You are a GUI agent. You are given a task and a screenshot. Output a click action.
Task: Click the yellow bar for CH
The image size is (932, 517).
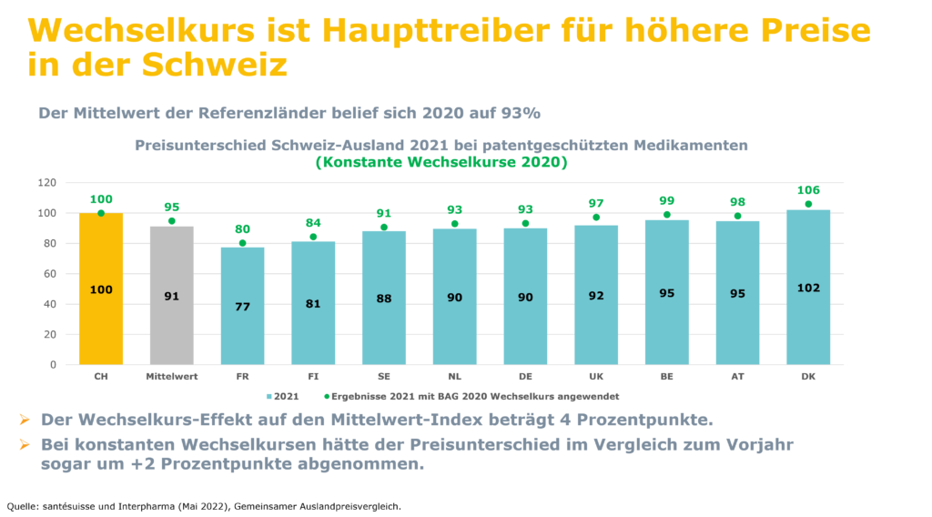(100, 289)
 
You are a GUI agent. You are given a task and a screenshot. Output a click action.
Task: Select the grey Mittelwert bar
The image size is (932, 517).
(171, 295)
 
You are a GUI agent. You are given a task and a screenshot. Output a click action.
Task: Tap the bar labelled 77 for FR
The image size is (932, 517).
(242, 306)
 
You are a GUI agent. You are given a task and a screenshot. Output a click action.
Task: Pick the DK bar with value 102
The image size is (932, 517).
(808, 287)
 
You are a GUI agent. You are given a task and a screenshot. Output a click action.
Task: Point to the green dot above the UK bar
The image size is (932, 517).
(597, 218)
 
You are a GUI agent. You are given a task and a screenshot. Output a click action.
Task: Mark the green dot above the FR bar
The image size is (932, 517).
(242, 243)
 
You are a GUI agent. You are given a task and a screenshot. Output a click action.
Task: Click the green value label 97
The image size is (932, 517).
(597, 202)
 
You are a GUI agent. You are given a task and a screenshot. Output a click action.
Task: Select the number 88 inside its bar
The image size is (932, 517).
(384, 299)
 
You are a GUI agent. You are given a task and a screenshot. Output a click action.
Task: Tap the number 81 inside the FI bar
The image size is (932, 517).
(313, 303)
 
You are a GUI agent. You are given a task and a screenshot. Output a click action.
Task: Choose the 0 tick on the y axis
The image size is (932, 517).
(53, 365)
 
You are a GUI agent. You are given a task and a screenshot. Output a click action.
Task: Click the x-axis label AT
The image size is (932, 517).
(738, 375)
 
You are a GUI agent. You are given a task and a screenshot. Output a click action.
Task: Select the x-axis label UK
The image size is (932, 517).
(597, 375)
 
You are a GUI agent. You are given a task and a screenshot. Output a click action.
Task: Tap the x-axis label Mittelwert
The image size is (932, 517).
(171, 375)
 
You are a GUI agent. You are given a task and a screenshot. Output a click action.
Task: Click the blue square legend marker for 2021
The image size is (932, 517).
(268, 397)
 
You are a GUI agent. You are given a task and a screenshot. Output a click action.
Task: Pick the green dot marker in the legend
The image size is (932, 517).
(326, 397)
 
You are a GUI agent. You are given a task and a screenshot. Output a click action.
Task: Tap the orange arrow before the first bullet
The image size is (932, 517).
(23, 420)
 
